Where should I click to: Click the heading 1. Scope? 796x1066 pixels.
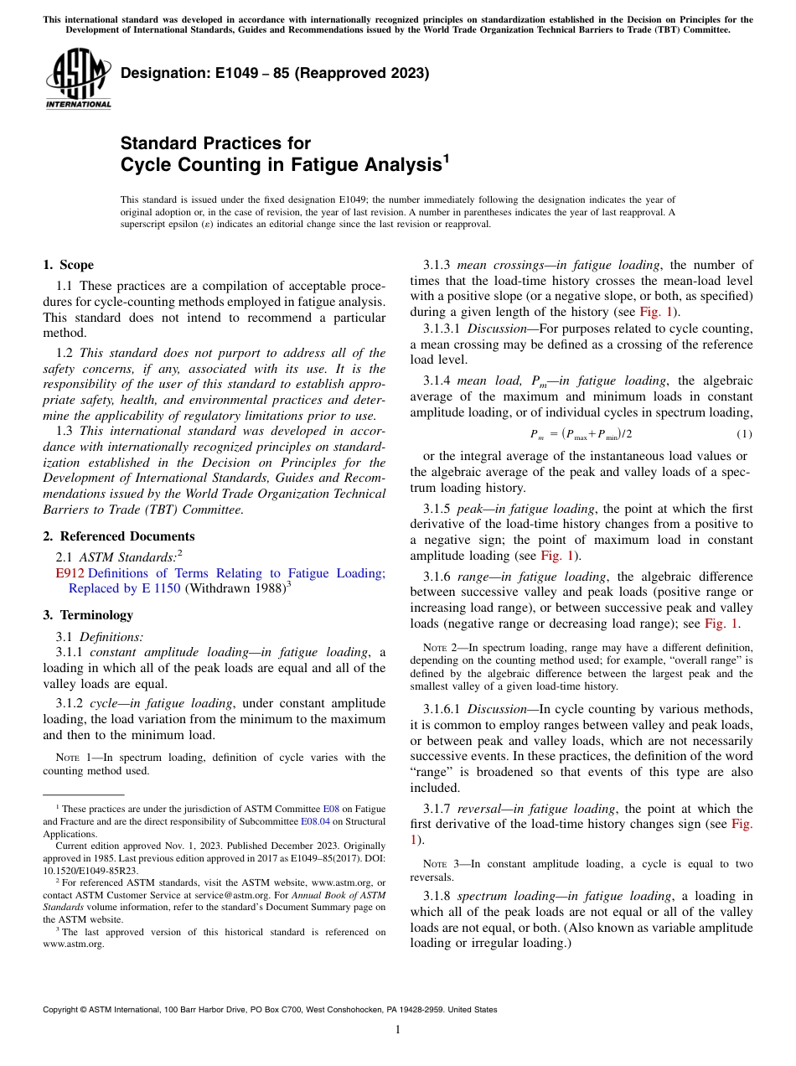(68, 265)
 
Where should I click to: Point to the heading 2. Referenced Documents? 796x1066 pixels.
(119, 536)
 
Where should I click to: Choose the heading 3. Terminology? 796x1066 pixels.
(88, 615)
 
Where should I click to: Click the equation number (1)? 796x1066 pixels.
(744, 433)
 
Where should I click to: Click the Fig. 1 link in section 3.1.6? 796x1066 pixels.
(721, 624)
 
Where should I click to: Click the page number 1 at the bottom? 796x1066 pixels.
(398, 1030)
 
